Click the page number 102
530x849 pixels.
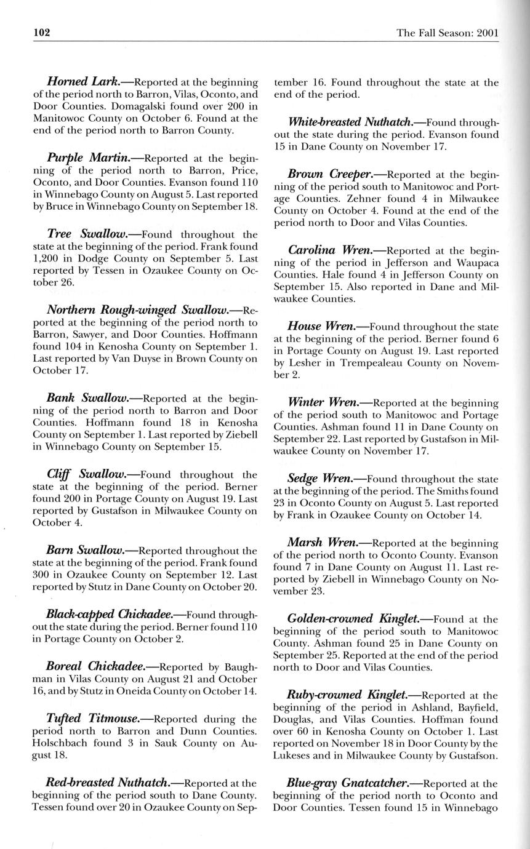42,32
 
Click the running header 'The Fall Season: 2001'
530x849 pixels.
448,33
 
